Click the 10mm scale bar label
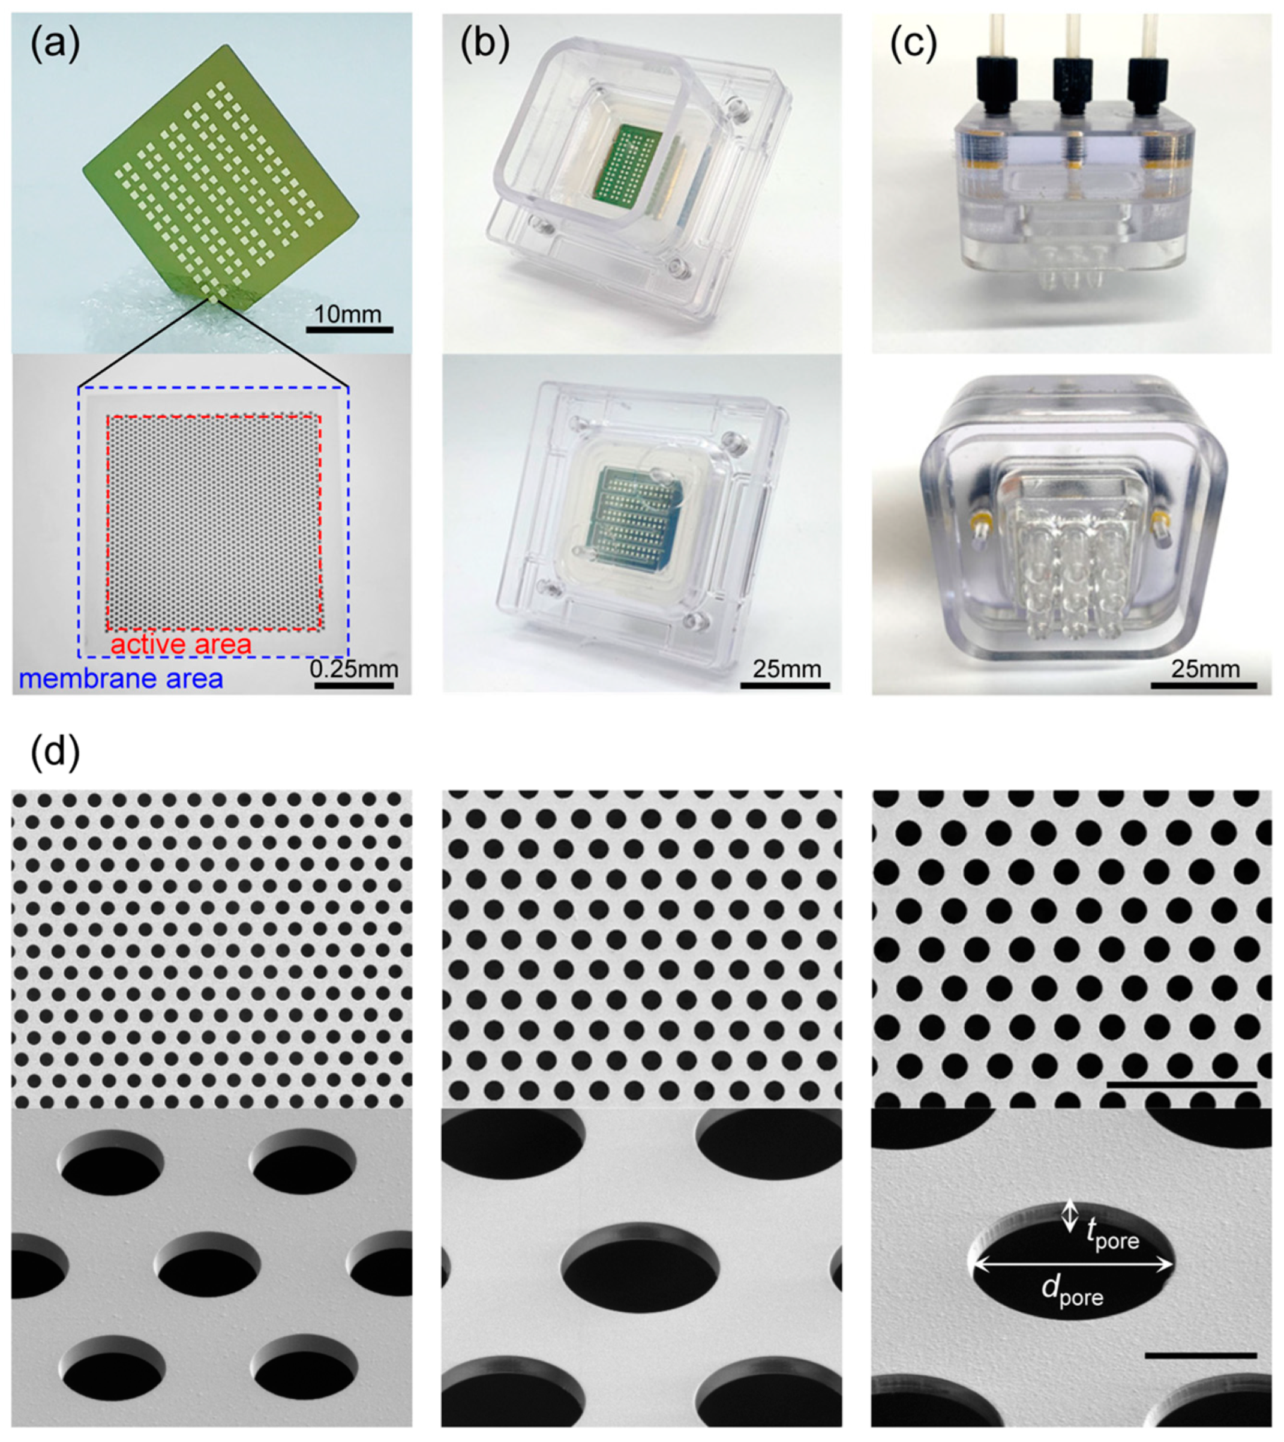click(x=348, y=313)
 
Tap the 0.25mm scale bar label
click(x=354, y=668)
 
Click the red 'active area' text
click(x=181, y=644)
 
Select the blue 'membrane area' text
click(x=121, y=678)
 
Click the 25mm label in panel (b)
click(x=786, y=668)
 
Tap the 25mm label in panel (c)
click(x=1204, y=668)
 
